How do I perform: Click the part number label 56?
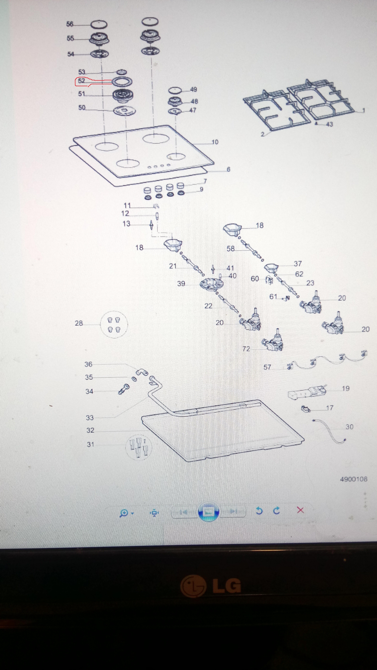[70, 24]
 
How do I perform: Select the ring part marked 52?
[122, 82]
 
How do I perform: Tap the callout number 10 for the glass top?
[215, 142]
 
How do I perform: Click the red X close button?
[300, 510]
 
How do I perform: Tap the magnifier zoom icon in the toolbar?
[124, 513]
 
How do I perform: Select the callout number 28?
[79, 323]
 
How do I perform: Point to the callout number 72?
[246, 349]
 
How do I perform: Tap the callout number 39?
[181, 283]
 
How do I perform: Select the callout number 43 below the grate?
[329, 124]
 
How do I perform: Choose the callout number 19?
[346, 388]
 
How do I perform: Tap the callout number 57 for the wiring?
[267, 367]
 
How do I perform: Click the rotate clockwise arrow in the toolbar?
[277, 511]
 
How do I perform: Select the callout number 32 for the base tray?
[90, 430]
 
